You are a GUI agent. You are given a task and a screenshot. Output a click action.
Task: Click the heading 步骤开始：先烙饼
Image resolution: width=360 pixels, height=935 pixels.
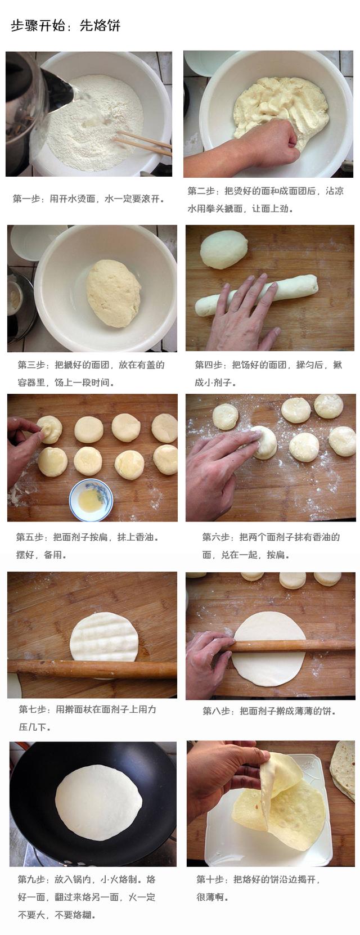[x=65, y=26]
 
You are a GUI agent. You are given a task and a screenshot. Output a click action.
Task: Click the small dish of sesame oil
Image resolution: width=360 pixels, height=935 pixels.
[x=91, y=497]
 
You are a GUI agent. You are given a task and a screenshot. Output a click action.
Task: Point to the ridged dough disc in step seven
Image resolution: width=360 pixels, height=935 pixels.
[x=105, y=637]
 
